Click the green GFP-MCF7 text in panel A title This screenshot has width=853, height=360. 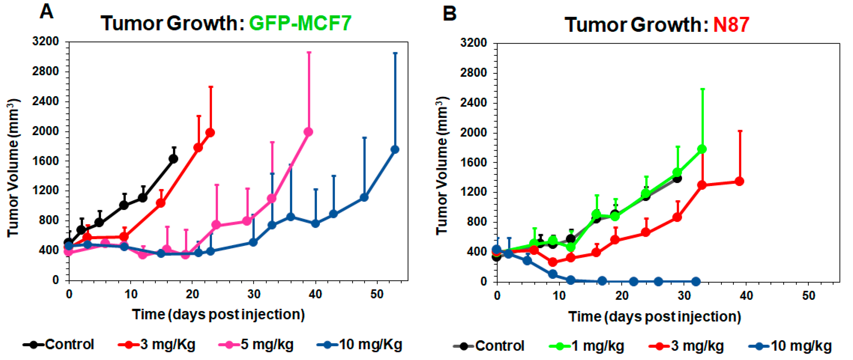300,23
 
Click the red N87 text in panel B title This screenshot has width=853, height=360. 731,25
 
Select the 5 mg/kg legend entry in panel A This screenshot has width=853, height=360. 257,345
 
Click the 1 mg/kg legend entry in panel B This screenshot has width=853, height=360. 587,346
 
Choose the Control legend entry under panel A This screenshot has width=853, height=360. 59,345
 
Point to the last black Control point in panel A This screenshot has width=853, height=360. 173,159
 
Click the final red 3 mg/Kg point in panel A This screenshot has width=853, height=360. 210,132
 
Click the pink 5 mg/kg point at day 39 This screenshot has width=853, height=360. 308,132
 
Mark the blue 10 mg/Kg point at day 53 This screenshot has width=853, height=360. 395,150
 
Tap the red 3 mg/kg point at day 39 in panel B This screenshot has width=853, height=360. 739,181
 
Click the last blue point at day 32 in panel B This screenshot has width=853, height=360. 696,282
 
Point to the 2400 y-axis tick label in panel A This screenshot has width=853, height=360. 45,101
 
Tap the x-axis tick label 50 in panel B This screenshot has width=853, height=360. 808,296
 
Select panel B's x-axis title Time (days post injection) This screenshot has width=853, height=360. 655,317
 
